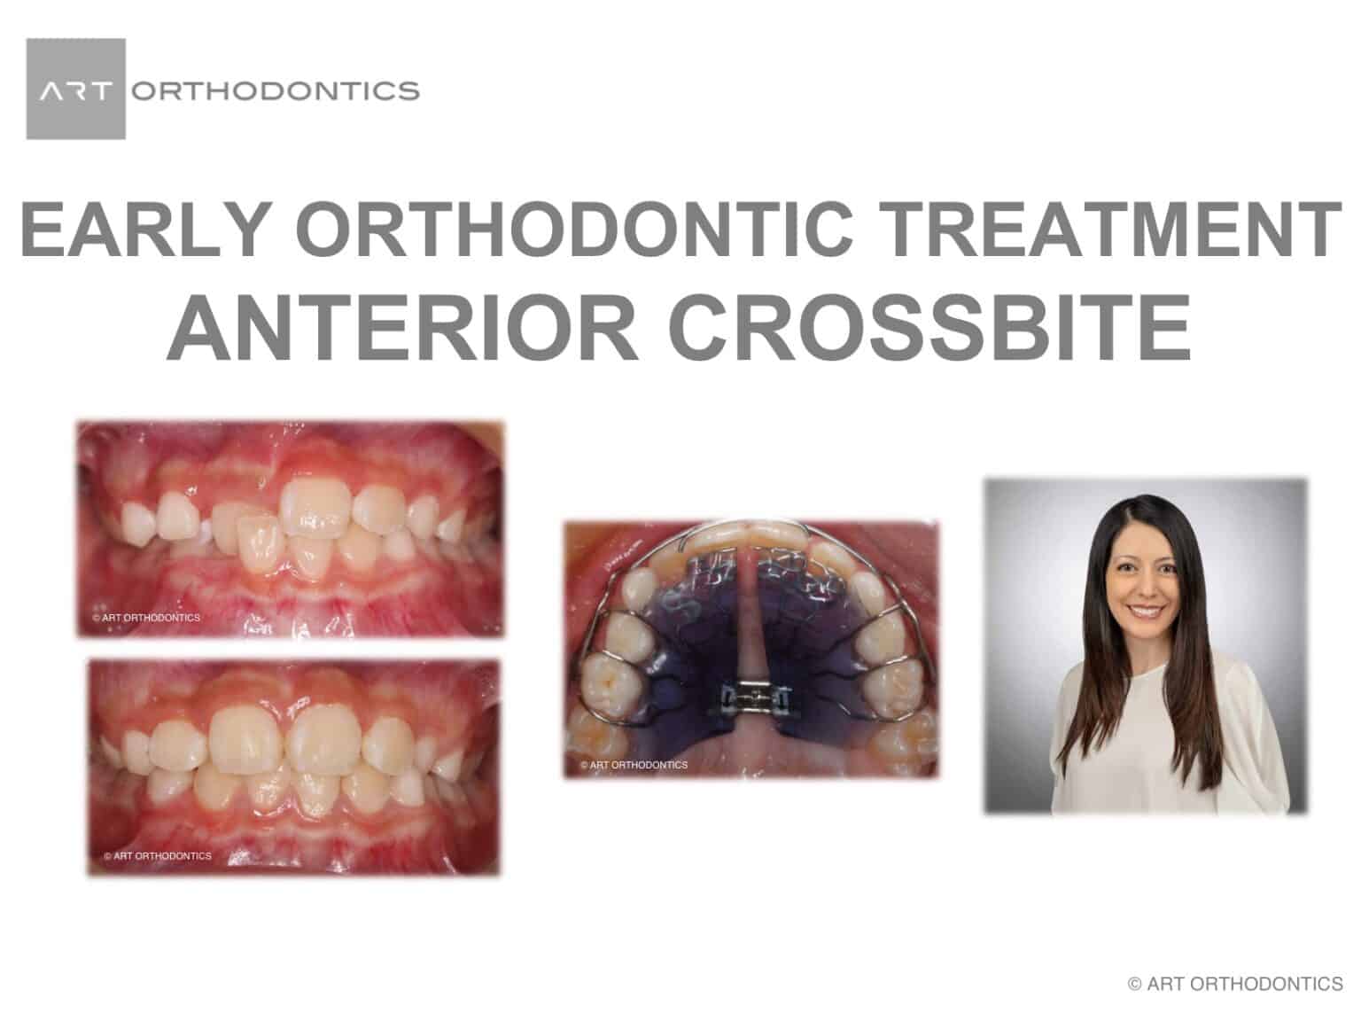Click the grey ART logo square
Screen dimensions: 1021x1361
[75, 89]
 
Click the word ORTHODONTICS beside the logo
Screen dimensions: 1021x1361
[275, 90]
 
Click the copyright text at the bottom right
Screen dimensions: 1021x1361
[1234, 984]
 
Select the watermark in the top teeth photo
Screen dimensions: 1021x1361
[146, 618]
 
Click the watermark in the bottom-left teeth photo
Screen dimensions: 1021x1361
[158, 856]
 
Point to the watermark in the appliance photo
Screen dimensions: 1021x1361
[634, 764]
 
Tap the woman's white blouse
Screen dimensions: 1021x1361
[1152, 736]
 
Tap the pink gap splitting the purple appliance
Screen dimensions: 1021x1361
[752, 612]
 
